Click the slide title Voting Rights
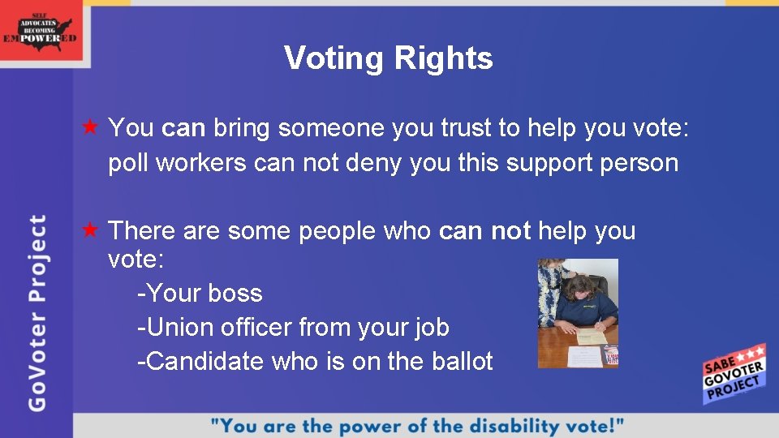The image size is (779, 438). coord(388,58)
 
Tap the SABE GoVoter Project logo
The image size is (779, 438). coord(734,374)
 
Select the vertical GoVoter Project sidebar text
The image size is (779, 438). coord(38,312)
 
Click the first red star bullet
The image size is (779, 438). coord(91,127)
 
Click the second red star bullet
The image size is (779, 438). coord(91,231)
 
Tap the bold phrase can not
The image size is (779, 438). coord(484,231)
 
